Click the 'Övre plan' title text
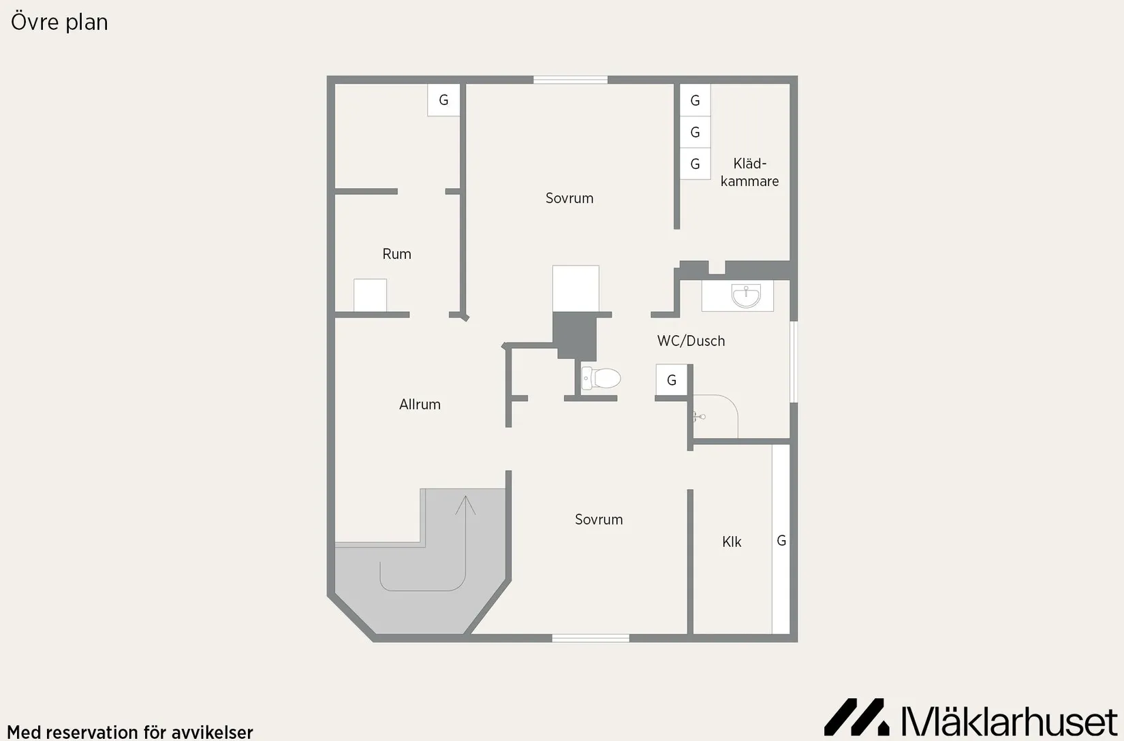(x=59, y=22)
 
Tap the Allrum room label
(x=420, y=405)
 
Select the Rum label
(x=396, y=254)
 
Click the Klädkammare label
(x=749, y=172)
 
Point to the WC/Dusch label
(x=691, y=341)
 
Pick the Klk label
(x=732, y=542)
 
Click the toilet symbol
(x=601, y=378)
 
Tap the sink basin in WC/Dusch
(x=746, y=296)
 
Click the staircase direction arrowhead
(x=466, y=504)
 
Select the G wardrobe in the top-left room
(x=443, y=100)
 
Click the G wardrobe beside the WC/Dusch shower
(x=672, y=380)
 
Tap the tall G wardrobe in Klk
(x=781, y=539)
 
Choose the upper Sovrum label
(x=569, y=198)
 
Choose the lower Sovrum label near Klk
(x=599, y=519)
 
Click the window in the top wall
(x=570, y=80)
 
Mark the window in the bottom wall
(x=591, y=638)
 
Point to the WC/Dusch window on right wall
(x=794, y=362)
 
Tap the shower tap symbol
(x=699, y=416)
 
